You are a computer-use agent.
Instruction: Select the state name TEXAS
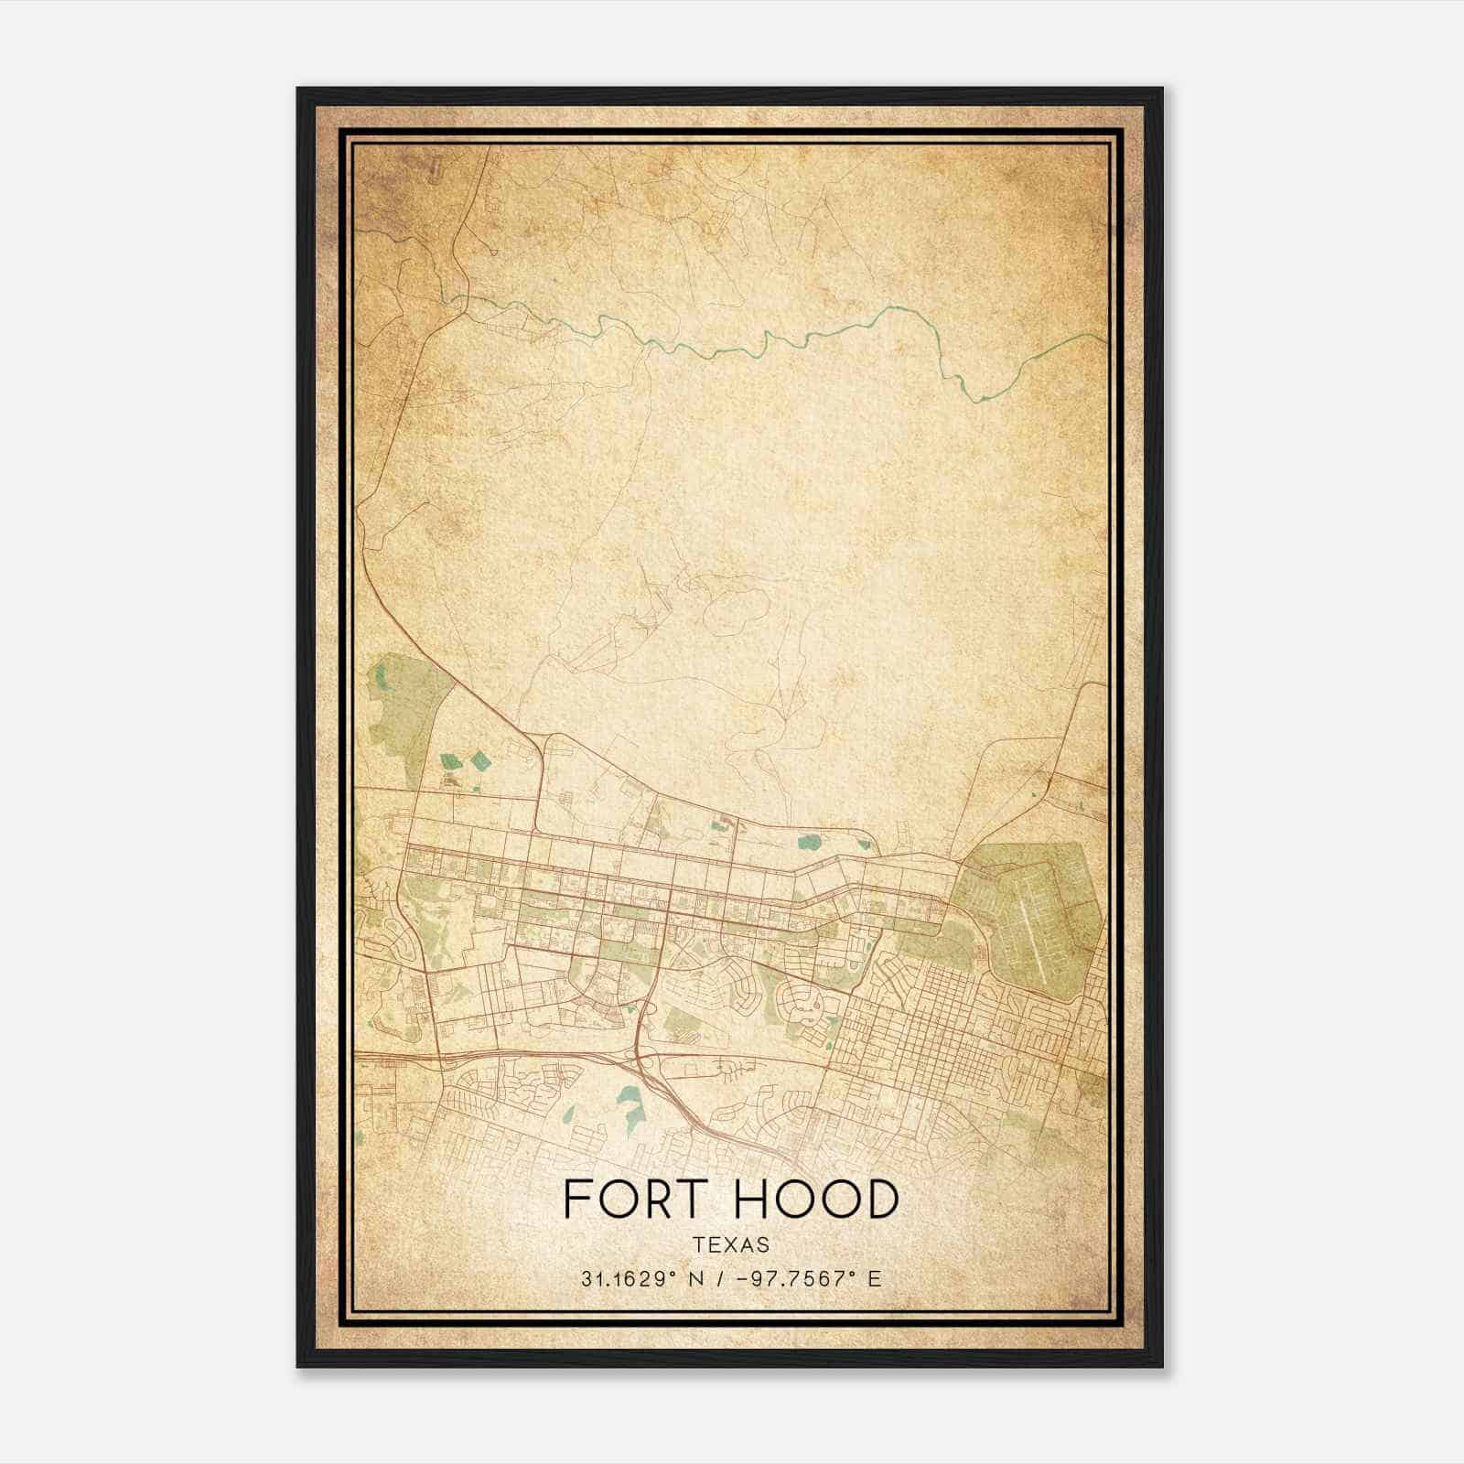click(x=731, y=1245)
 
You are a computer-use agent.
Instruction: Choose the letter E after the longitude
click(x=876, y=1279)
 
